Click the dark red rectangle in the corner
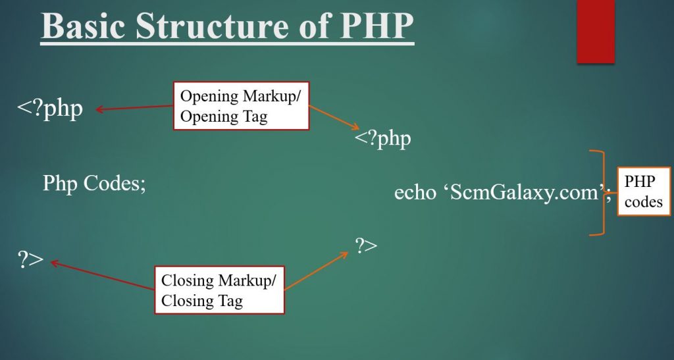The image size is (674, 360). (596, 32)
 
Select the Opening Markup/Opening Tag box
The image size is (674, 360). (241, 106)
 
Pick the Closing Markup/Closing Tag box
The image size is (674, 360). (219, 290)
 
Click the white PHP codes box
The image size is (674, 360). (644, 191)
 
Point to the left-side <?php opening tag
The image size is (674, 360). (50, 109)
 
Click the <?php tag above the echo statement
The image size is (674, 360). (383, 139)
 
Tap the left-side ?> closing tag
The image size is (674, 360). (30, 259)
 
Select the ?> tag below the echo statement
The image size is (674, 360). (366, 245)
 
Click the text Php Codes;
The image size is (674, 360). (94, 184)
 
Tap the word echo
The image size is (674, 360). (415, 192)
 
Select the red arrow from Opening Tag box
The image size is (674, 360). (134, 108)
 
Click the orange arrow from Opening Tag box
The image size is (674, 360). (334, 117)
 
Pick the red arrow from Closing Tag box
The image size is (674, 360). (102, 275)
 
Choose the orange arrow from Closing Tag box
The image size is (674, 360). (316, 270)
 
